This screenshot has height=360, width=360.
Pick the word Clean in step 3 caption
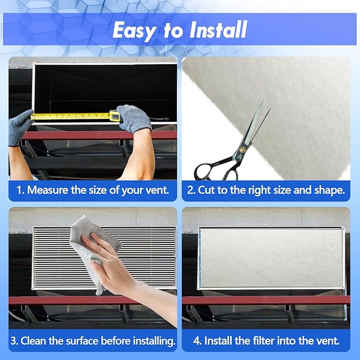point(40,340)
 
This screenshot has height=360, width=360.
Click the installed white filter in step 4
point(270,258)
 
